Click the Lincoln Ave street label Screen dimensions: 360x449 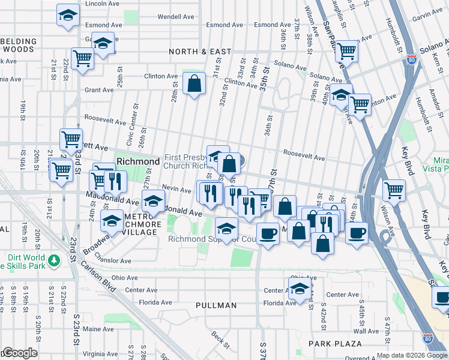tap(100, 4)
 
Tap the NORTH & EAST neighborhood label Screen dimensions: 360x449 tap(200, 52)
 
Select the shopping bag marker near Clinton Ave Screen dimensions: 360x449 tap(194, 85)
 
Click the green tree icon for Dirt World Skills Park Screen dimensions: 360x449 tap(55, 260)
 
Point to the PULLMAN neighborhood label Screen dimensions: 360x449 tap(216, 305)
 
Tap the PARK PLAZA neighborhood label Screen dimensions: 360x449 tap(335, 344)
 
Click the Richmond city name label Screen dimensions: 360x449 tap(138, 161)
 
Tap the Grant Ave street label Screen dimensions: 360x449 tap(99, 90)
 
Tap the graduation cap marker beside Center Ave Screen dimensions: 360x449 tap(300, 288)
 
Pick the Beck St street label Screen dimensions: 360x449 tap(220, 340)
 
